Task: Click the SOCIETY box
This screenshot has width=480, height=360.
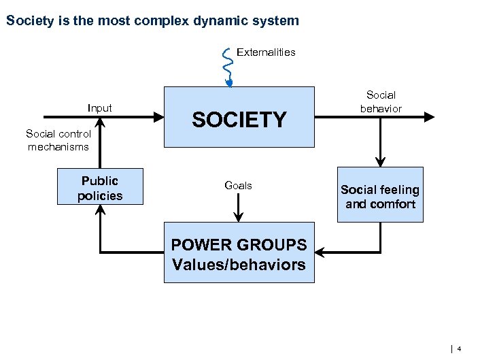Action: coord(239,117)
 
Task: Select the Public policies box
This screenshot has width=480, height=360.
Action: coord(100,186)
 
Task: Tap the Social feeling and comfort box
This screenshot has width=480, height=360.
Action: coord(380,195)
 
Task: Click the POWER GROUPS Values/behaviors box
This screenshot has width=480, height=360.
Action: coord(239,252)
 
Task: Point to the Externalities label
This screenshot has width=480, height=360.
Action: coord(266,52)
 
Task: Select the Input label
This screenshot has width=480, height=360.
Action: coord(100,108)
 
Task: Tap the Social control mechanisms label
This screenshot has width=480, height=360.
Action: coord(58,140)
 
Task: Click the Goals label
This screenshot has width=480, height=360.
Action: coord(238,185)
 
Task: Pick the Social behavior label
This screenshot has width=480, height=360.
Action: coord(381,101)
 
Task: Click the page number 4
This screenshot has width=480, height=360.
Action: coord(459,349)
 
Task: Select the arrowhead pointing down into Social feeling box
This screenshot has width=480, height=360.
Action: coord(380,161)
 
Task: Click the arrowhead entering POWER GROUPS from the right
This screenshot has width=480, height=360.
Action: coord(321,252)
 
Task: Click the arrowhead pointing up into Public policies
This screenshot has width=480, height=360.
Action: coord(100,210)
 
